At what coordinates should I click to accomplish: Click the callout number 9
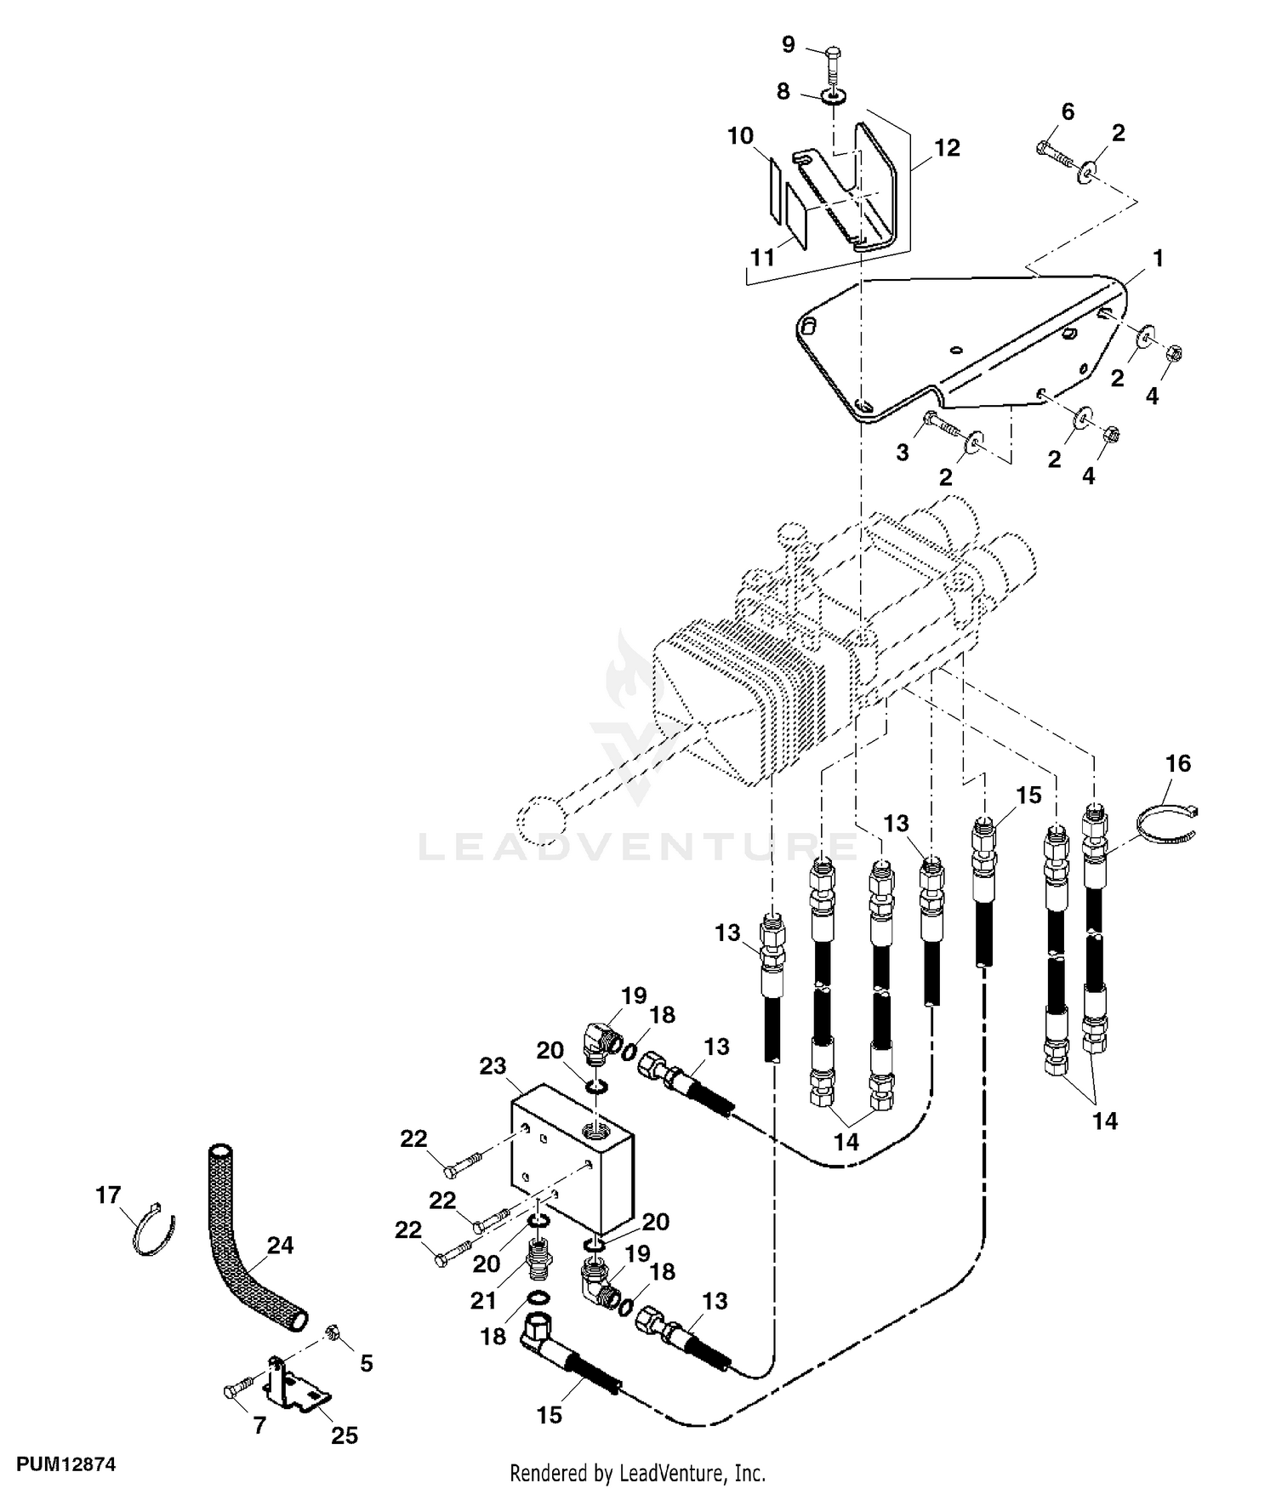[788, 44]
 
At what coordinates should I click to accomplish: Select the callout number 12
[947, 148]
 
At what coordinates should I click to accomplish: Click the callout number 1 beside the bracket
[1157, 258]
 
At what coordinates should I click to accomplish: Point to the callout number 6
[1068, 111]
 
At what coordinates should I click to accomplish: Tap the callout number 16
[1178, 763]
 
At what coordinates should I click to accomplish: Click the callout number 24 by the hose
[280, 1246]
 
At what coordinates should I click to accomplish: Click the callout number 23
[493, 1066]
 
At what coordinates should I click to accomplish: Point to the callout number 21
[483, 1301]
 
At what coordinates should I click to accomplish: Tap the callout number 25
[345, 1435]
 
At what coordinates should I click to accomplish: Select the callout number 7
[260, 1425]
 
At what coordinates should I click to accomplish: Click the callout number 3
[903, 452]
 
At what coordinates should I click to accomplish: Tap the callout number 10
[740, 135]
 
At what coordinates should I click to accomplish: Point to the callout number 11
[762, 256]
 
